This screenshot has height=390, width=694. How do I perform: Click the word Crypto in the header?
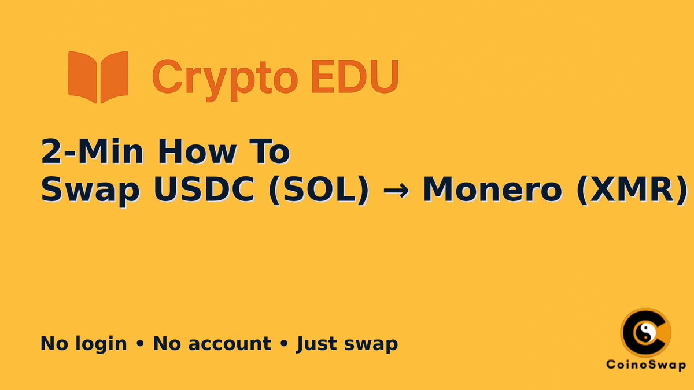point(217,77)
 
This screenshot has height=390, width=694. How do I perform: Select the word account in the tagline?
point(230,344)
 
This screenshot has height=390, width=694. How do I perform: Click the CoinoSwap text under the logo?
point(646,365)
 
